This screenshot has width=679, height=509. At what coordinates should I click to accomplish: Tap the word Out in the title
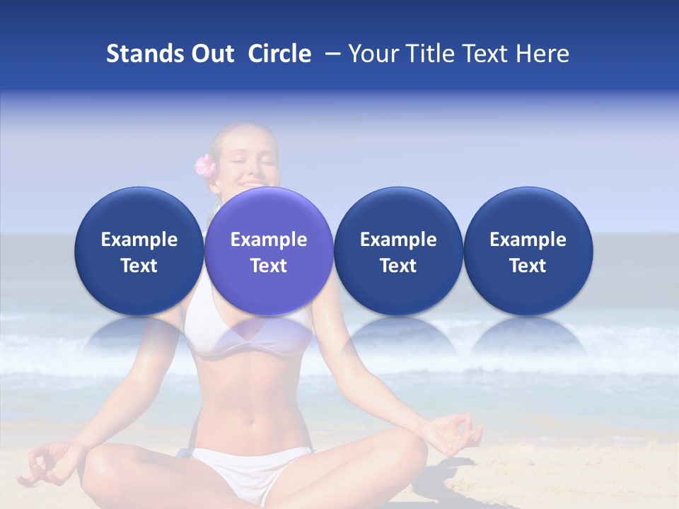coord(210,54)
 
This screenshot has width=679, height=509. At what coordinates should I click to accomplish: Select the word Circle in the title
coord(279,54)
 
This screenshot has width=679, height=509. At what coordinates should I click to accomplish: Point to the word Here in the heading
coord(542,54)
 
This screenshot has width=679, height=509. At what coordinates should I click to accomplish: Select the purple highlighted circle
coord(269,251)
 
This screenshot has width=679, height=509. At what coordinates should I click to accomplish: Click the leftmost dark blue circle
coord(139,251)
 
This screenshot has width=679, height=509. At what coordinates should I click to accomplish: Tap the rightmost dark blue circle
coord(528,251)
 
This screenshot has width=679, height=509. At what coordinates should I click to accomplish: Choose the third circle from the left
coord(398,251)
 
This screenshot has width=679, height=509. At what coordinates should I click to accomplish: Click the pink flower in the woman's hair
coord(205,166)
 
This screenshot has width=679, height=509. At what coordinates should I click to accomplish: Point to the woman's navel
coord(250,422)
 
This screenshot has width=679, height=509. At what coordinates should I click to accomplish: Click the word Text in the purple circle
coord(269,266)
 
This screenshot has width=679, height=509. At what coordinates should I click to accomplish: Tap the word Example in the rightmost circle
coord(528,240)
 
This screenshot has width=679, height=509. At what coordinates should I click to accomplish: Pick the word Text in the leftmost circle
coord(139,266)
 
